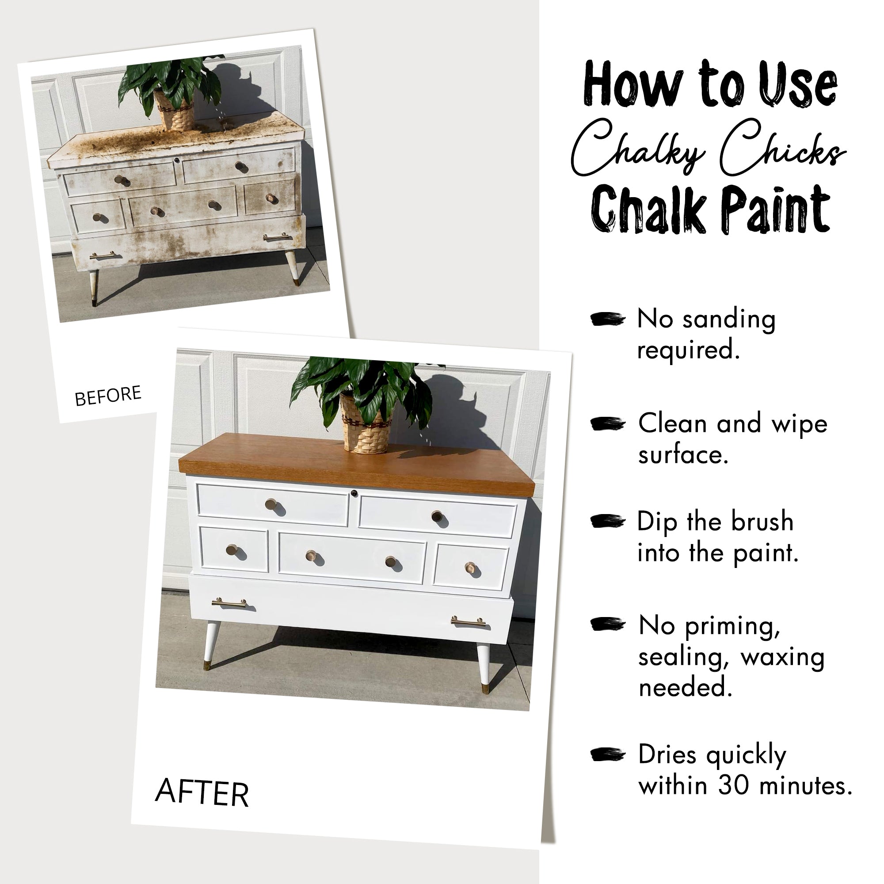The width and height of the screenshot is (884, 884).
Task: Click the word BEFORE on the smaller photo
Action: [x=108, y=395]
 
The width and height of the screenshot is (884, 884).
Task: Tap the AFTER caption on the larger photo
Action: [x=202, y=792]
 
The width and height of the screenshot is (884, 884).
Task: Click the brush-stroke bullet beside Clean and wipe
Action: [x=608, y=424]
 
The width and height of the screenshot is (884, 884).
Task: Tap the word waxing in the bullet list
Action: [x=782, y=657]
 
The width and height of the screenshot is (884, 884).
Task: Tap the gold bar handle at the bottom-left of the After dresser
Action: [x=229, y=603]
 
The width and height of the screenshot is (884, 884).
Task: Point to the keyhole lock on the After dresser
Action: [x=354, y=493]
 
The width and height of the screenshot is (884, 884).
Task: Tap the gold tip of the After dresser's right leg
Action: [x=485, y=689]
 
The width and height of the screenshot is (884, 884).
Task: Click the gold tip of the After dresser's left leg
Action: [x=207, y=664]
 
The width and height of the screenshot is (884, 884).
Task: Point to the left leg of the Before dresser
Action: [x=94, y=286]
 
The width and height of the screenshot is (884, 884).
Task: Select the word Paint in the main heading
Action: [x=776, y=210]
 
